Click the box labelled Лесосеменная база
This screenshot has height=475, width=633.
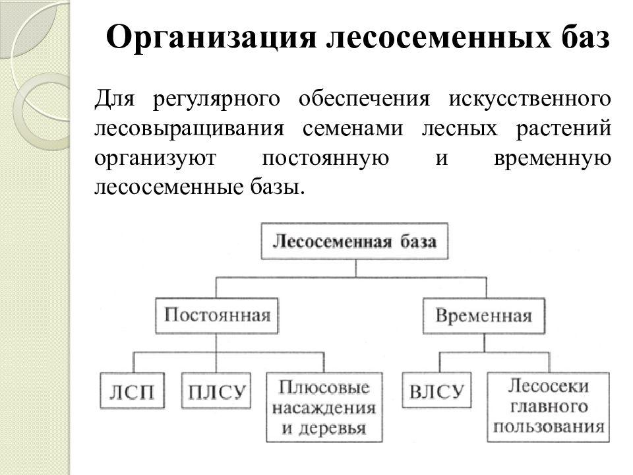coord(355,241)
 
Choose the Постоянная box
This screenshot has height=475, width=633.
coord(217,316)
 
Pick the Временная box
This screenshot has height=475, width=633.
coord(483,316)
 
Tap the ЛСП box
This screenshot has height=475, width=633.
coord(132,391)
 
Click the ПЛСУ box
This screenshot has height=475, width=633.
coord(216,391)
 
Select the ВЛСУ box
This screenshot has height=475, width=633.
coord(437,390)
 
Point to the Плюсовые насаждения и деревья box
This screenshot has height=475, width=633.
coord(324,407)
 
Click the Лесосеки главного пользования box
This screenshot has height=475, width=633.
coord(548,407)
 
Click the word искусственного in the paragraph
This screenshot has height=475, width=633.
coord(529,100)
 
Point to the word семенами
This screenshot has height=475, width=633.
coord(353,129)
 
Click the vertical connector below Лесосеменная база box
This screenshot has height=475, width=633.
coord(355,269)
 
